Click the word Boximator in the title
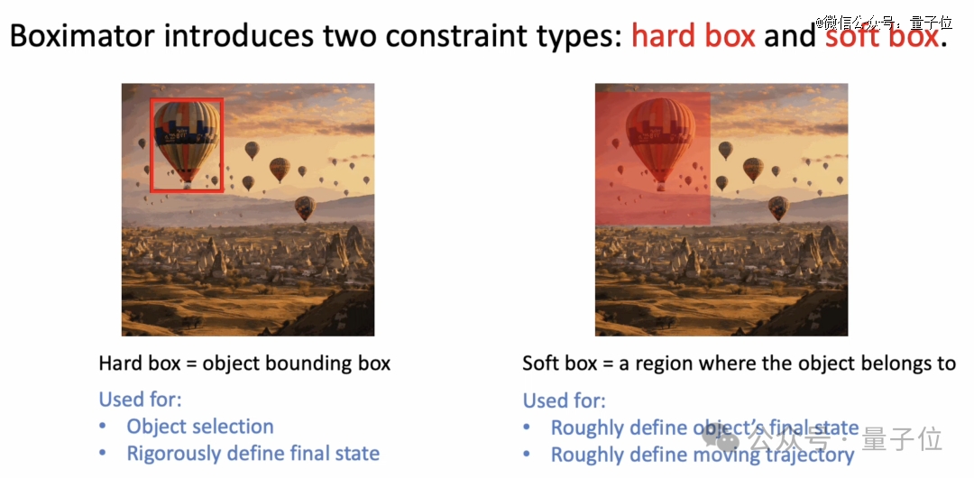[85, 37]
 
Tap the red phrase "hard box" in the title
[694, 37]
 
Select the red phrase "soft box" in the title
[881, 37]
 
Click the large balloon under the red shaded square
[660, 143]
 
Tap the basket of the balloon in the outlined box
[187, 185]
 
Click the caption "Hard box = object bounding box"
[244, 363]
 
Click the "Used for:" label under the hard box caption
[140, 399]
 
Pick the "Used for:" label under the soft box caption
[564, 400]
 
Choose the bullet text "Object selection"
[200, 427]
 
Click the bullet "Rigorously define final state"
[253, 454]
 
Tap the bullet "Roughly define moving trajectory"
[703, 455]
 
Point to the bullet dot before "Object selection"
[103, 427]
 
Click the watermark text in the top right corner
[883, 23]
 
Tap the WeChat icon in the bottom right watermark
[721, 439]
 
